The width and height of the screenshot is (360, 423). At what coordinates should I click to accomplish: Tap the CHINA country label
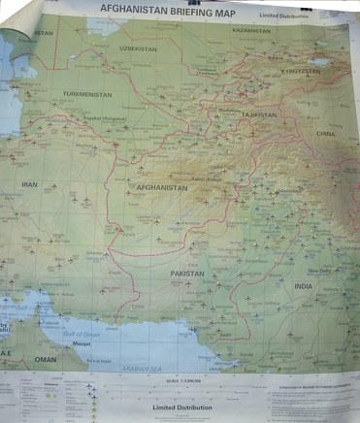pyautogui.click(x=324, y=134)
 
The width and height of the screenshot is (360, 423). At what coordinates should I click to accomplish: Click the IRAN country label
pyautogui.click(x=30, y=183)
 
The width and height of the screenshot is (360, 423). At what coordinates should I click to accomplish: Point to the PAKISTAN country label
pyautogui.click(x=188, y=274)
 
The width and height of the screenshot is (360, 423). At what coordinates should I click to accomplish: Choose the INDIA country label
pyautogui.click(x=304, y=286)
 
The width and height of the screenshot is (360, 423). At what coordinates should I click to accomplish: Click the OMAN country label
pyautogui.click(x=47, y=359)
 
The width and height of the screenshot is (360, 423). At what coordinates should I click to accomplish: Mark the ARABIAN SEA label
pyautogui.click(x=141, y=369)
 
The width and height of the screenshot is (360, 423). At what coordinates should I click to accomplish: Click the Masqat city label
pyautogui.click(x=81, y=343)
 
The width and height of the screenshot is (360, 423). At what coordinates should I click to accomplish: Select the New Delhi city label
pyautogui.click(x=319, y=271)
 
